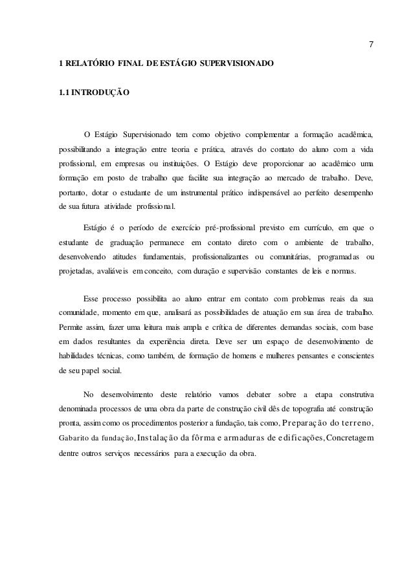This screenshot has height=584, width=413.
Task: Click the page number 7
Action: click(370, 45)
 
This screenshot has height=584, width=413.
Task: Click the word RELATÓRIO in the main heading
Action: click(88, 65)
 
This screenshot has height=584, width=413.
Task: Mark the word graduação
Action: click(133, 242)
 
